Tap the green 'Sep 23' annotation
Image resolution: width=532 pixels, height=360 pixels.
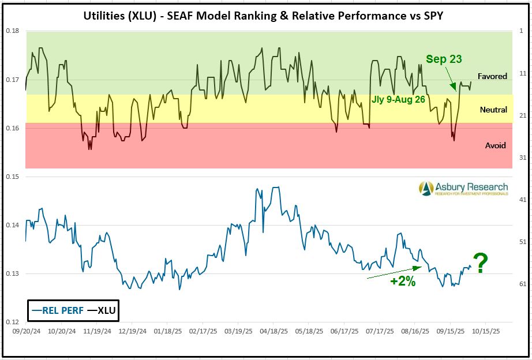click(444, 59)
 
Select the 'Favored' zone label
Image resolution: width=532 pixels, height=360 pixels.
click(492, 76)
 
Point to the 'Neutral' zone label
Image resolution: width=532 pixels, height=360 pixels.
click(493, 110)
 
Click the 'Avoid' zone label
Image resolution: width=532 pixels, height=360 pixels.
click(495, 145)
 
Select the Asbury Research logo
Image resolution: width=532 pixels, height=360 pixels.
click(463, 188)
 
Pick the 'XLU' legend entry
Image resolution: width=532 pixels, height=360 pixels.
click(104, 310)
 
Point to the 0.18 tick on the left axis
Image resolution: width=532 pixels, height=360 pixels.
click(13, 31)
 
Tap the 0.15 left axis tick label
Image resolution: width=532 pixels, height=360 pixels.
click(13, 176)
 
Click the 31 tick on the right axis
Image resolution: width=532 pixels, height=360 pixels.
click(522, 157)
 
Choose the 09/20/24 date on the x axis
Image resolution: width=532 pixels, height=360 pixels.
click(26, 333)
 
